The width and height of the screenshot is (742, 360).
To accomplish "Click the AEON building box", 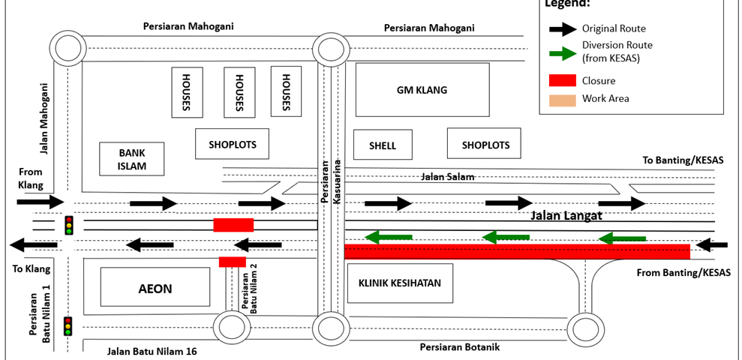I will coord(155,288).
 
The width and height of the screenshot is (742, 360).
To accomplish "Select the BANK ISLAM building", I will coord(131,159).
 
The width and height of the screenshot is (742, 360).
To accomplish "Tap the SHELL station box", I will coord(383,145).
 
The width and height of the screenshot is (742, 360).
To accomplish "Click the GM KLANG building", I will coord(422,90).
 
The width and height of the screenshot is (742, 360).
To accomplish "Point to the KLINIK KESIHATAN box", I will coord(399,283).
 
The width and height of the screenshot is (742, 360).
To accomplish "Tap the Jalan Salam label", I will coord(448,176).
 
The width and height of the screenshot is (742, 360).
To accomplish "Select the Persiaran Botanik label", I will coord(459,347).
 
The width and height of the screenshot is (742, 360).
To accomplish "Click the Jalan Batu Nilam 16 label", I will coord(152,351).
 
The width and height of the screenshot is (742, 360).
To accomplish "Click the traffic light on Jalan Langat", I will coord(69,225).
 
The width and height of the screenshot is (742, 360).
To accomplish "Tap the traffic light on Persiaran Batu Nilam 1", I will coord(68,325).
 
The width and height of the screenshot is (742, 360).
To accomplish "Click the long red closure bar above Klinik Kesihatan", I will coord(517,252).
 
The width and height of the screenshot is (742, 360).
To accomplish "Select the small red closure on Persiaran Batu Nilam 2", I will coord(233,262).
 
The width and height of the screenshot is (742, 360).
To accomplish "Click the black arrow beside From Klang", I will coord(41,202).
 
